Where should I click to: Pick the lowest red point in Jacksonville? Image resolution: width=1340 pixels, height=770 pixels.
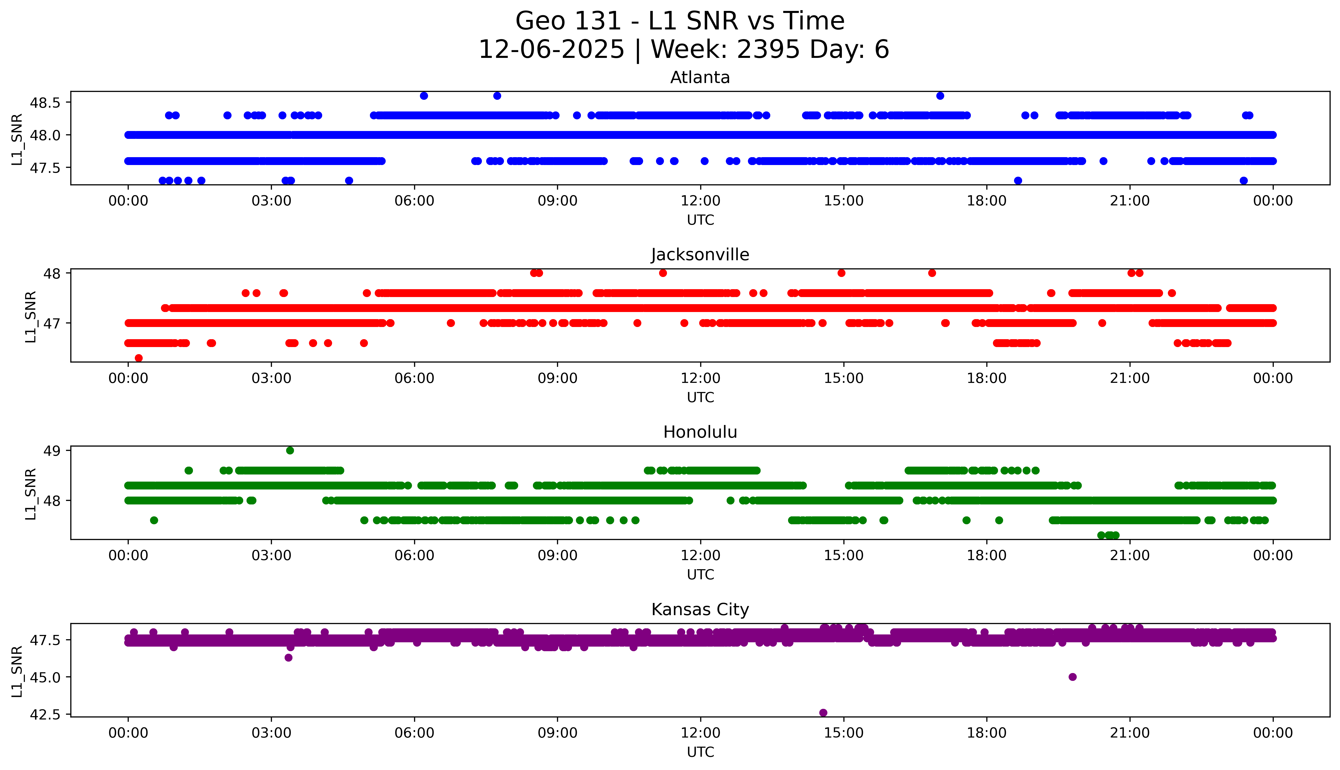coord(139,358)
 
